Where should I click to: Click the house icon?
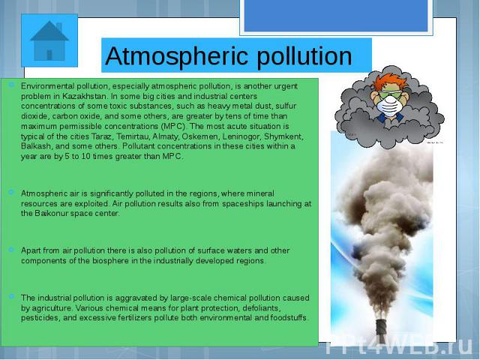(49, 40)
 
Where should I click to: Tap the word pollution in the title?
(304, 56)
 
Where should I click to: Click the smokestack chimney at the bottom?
(381, 327)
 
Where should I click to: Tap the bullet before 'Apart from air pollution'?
(11, 250)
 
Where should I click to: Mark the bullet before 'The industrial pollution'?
(11, 296)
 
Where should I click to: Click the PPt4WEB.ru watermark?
(399, 345)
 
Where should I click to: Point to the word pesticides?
(40, 318)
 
